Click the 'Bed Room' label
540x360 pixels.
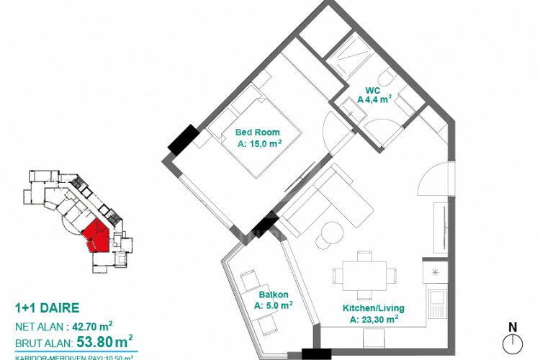pyautogui.click(x=258, y=132)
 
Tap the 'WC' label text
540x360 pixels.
pyautogui.click(x=372, y=90)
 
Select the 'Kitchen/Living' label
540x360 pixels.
pyautogui.click(x=370, y=308)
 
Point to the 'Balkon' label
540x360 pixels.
pyautogui.click(x=274, y=294)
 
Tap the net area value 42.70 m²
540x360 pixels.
pyautogui.click(x=89, y=325)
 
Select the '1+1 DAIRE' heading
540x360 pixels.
pyautogui.click(x=47, y=308)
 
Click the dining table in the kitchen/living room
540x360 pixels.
pyautogui.click(x=364, y=275)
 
